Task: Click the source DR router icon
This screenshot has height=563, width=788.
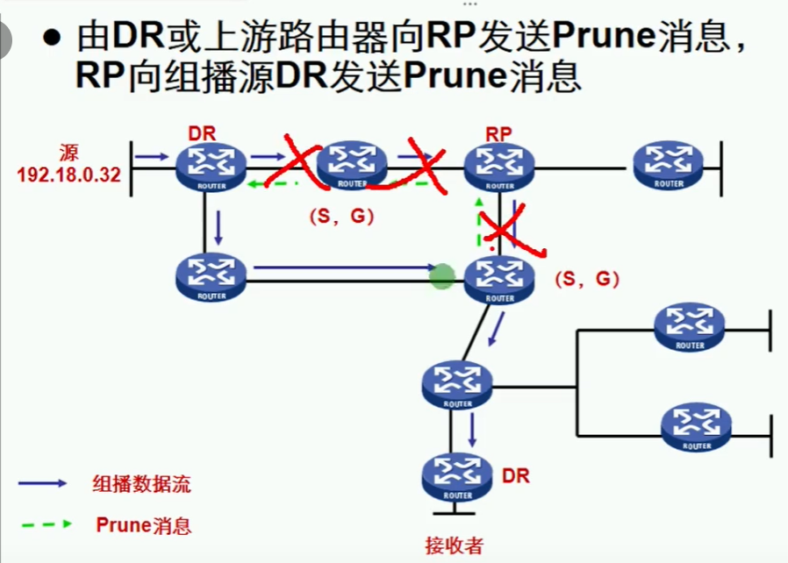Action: [211, 163]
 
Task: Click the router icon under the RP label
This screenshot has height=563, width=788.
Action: [499, 163]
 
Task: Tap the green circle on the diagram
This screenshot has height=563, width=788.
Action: [442, 278]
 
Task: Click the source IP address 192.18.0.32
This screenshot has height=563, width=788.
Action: [68, 173]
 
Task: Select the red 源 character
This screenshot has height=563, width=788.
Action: [69, 151]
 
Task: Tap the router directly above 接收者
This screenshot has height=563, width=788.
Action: [457, 474]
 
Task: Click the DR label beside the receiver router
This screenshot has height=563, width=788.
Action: [516, 476]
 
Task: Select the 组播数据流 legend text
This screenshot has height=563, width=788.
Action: [141, 483]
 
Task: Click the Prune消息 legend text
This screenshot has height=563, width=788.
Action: [144, 525]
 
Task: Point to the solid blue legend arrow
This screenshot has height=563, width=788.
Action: [43, 483]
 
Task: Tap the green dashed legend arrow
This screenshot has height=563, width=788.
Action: [43, 524]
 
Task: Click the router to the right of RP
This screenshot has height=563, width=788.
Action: [668, 162]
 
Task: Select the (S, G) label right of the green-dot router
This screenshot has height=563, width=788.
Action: [587, 280]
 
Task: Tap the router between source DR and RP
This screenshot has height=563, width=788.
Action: [352, 163]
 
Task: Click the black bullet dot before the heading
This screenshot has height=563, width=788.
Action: [54, 39]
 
